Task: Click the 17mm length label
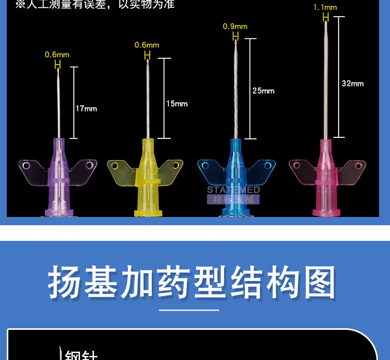(86, 109)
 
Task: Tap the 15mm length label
(177, 104)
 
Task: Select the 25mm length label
(263, 91)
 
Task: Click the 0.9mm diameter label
(235, 27)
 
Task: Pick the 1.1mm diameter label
(325, 7)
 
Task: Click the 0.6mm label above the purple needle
(57, 54)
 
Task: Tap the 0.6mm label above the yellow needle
(147, 45)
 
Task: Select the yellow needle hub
(147, 177)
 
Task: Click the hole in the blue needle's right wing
(268, 166)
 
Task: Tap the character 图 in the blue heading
(318, 282)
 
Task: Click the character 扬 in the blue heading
(65, 282)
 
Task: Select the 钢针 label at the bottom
(81, 355)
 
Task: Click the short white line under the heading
(195, 310)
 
